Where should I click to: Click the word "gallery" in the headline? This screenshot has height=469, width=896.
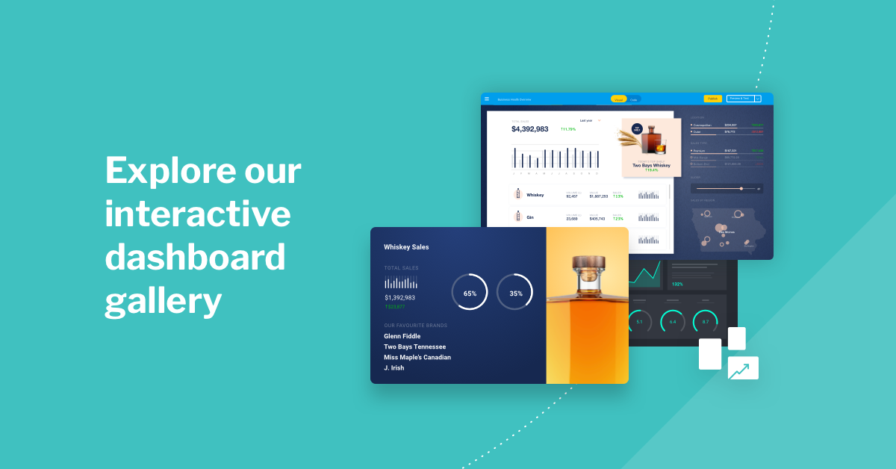(164, 302)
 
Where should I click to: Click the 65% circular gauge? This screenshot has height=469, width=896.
(470, 292)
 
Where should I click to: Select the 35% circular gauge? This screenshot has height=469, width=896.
(515, 292)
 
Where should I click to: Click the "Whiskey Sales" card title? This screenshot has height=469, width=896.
(406, 246)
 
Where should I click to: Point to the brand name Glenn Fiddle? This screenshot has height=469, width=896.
(402, 336)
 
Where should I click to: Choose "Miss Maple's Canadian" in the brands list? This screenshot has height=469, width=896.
(417, 357)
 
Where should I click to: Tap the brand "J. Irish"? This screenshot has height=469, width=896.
(393, 367)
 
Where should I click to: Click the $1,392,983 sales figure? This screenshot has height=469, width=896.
(399, 297)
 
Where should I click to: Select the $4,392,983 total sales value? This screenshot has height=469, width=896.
(529, 129)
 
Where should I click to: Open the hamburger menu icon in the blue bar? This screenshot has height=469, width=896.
(487, 99)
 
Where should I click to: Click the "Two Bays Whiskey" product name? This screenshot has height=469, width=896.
(651, 165)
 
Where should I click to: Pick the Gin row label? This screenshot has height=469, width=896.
(530, 217)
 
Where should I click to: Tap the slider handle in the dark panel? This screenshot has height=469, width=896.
(741, 189)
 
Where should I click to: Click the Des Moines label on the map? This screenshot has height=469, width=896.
(727, 232)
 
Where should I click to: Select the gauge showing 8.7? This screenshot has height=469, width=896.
(704, 322)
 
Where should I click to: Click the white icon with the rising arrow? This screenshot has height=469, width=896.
(743, 367)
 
